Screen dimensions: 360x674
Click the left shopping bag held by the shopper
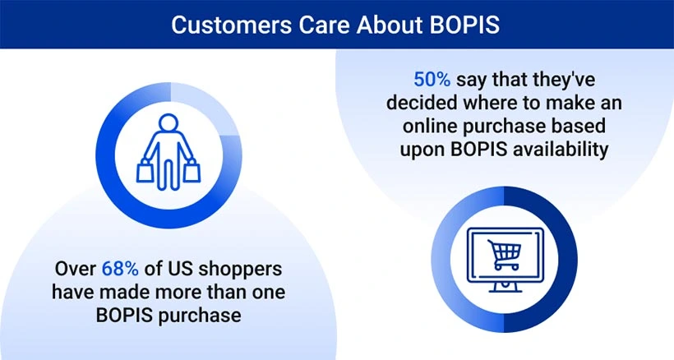(x=146, y=171)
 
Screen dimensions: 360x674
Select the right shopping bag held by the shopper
(x=192, y=171)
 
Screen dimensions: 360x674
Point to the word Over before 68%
(x=76, y=269)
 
